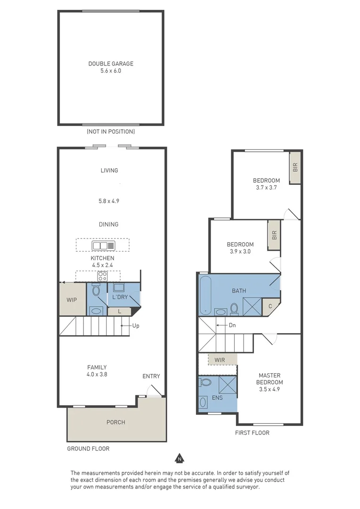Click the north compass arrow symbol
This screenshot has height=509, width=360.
click(x=179, y=458)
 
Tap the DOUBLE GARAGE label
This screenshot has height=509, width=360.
click(x=111, y=64)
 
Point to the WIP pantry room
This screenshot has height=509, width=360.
click(x=72, y=300)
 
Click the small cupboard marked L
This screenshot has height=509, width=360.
click(x=119, y=311)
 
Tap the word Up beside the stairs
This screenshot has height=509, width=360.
click(x=136, y=326)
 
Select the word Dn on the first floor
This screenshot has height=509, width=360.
click(x=232, y=325)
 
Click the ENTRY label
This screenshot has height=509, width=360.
click(x=151, y=376)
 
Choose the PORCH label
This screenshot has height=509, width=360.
click(x=115, y=422)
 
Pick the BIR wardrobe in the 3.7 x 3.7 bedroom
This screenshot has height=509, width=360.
click(x=295, y=167)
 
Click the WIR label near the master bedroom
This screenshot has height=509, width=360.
click(x=220, y=360)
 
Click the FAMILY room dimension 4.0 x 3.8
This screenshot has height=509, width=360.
click(x=97, y=376)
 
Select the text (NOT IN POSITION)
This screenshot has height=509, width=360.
click(x=111, y=132)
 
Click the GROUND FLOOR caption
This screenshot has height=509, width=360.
click(x=88, y=449)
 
